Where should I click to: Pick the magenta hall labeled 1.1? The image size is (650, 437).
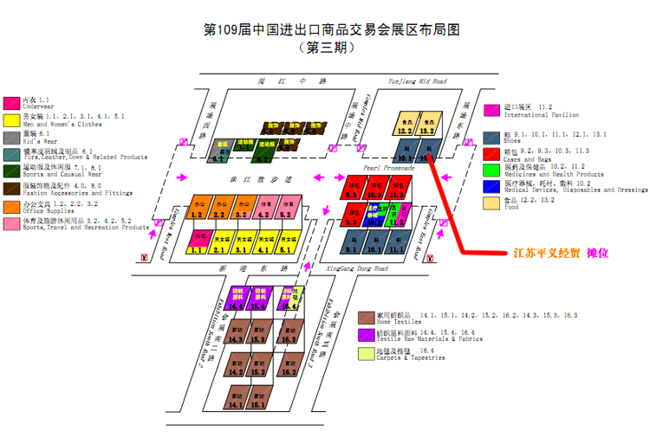tap(198, 244)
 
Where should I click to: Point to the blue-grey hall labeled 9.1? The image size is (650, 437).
tap(352, 244)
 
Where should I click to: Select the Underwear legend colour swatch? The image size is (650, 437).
tap(12, 103)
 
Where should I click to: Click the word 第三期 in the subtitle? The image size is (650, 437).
tap(327, 48)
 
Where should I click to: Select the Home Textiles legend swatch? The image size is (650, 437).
tap(367, 317)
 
